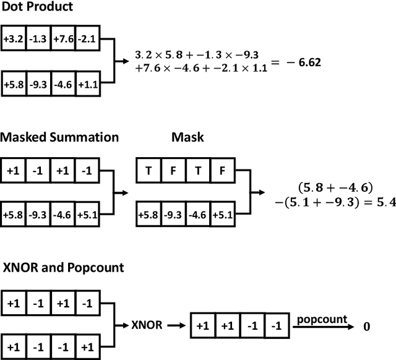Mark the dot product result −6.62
[x=304, y=62]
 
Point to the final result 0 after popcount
[x=367, y=327]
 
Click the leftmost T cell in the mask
[x=148, y=170]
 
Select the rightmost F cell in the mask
[x=222, y=170]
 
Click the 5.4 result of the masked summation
[x=385, y=202]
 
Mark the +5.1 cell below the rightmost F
[x=222, y=215]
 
